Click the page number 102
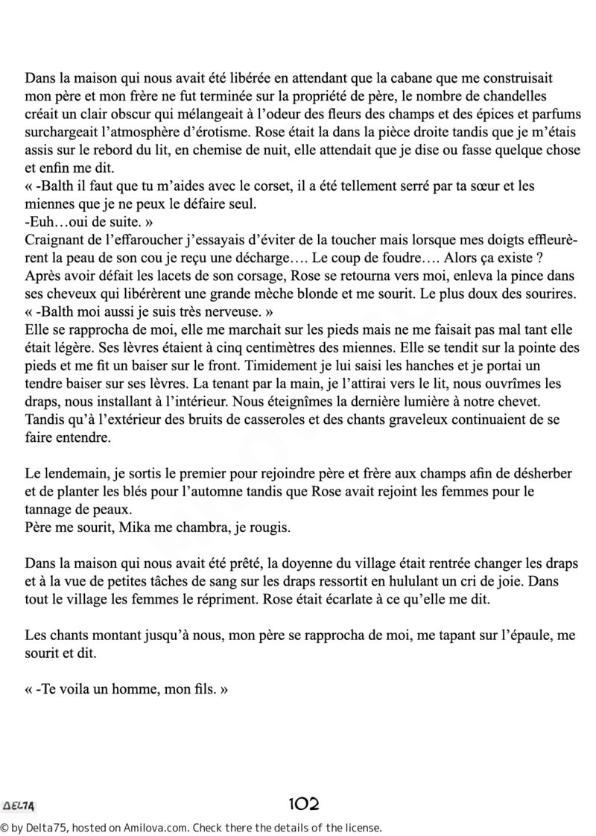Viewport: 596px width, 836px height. (x=304, y=804)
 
